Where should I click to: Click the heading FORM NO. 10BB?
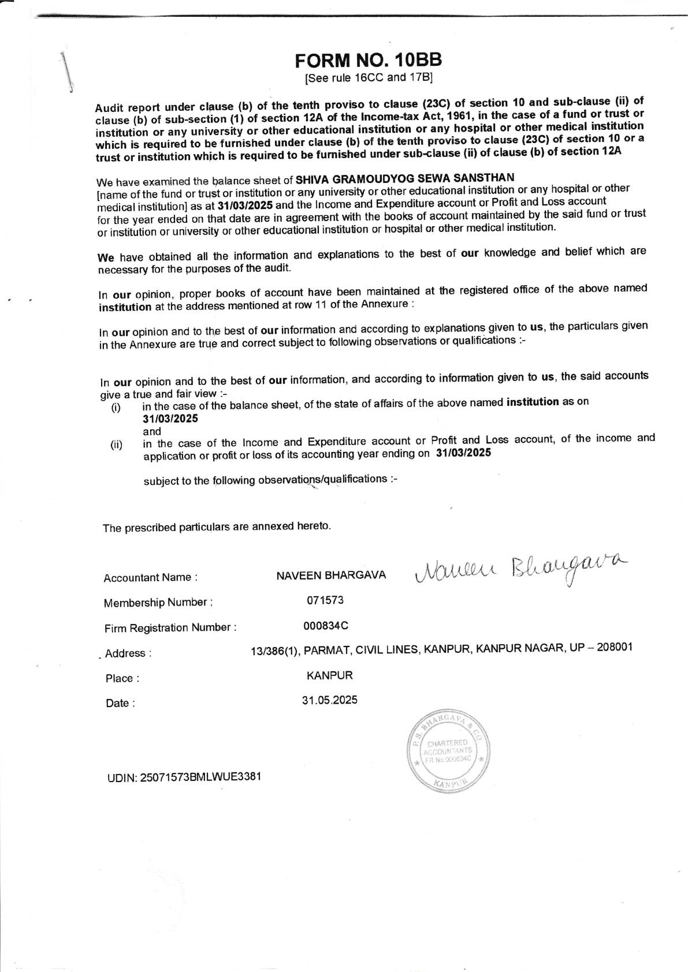coord(368,60)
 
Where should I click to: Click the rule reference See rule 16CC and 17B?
coord(369,77)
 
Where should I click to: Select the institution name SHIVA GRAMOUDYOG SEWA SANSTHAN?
coord(404,178)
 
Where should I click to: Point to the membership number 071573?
coord(325,600)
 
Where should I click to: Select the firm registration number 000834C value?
coord(326,626)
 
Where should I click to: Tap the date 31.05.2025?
coord(329,700)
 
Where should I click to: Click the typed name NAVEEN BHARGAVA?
coord(331,575)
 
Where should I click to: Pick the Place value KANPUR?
coord(329,675)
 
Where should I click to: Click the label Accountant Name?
coord(151,578)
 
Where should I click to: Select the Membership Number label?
coord(158,603)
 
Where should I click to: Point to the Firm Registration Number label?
coord(170,628)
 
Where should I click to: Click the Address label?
coord(128,653)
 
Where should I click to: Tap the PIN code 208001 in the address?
coord(615,647)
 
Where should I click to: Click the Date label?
coord(120,703)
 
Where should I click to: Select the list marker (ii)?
coord(117,445)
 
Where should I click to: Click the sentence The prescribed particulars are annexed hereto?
coord(217,527)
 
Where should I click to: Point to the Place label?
coord(122,678)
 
